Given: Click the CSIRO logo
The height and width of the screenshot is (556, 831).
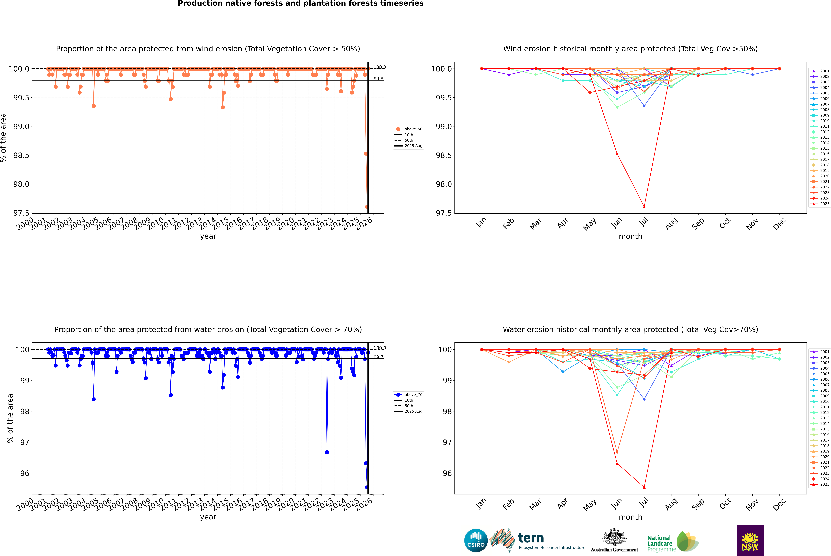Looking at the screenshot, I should click(476, 540).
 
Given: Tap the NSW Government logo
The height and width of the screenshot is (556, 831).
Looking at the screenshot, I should click(750, 540).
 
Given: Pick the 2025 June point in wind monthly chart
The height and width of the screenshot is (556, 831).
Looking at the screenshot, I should click(617, 154).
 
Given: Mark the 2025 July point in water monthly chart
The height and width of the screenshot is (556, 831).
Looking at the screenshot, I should click(644, 487).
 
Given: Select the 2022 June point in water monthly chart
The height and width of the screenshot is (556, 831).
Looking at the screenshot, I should click(617, 452).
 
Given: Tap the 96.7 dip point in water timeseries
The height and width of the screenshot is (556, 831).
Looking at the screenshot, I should click(327, 452).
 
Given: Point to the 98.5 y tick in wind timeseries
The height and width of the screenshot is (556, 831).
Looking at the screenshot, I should click(21, 155).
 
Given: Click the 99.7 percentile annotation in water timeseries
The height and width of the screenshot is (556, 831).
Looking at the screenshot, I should click(378, 357).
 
